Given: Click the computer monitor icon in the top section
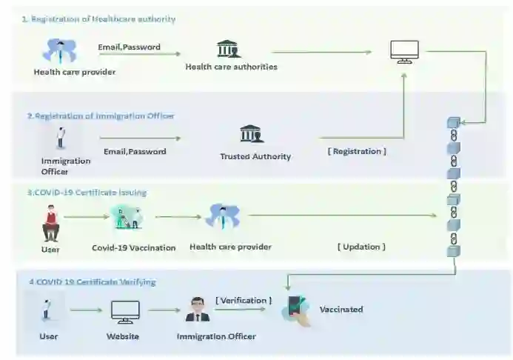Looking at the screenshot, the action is point(404,51).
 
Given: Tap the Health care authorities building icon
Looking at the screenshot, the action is point(229,49).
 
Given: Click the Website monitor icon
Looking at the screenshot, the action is point(125,312).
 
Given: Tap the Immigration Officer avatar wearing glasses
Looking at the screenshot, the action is point(198,309).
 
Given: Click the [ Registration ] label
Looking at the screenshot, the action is point(357,151).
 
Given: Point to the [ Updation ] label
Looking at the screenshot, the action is point(361,247).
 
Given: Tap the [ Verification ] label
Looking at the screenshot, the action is point(244,300).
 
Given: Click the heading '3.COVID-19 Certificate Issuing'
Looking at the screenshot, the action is point(87,193).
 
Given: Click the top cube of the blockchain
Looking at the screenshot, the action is point(454,122).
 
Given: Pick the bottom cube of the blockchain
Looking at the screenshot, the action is point(453,251).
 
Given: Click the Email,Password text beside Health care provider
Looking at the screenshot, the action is point(129,47).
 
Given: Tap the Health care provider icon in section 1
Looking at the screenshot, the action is point(59,51).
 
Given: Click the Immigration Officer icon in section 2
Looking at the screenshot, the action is point(61,138).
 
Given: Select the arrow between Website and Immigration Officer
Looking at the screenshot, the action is point(164,311).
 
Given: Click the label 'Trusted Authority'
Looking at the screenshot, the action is point(255,156).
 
